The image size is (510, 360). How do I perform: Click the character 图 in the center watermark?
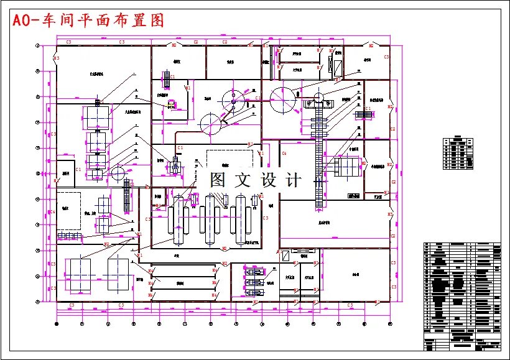pyautogui.click(x=218, y=180)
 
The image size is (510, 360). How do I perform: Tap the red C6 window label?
pyautogui.click(x=284, y=153)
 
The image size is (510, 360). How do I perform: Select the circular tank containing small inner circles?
pyautogui.click(x=235, y=99)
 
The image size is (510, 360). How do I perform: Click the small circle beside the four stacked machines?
pyautogui.click(x=118, y=172)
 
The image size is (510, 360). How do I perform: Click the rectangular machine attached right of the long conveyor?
pyautogui.click(x=346, y=167)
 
